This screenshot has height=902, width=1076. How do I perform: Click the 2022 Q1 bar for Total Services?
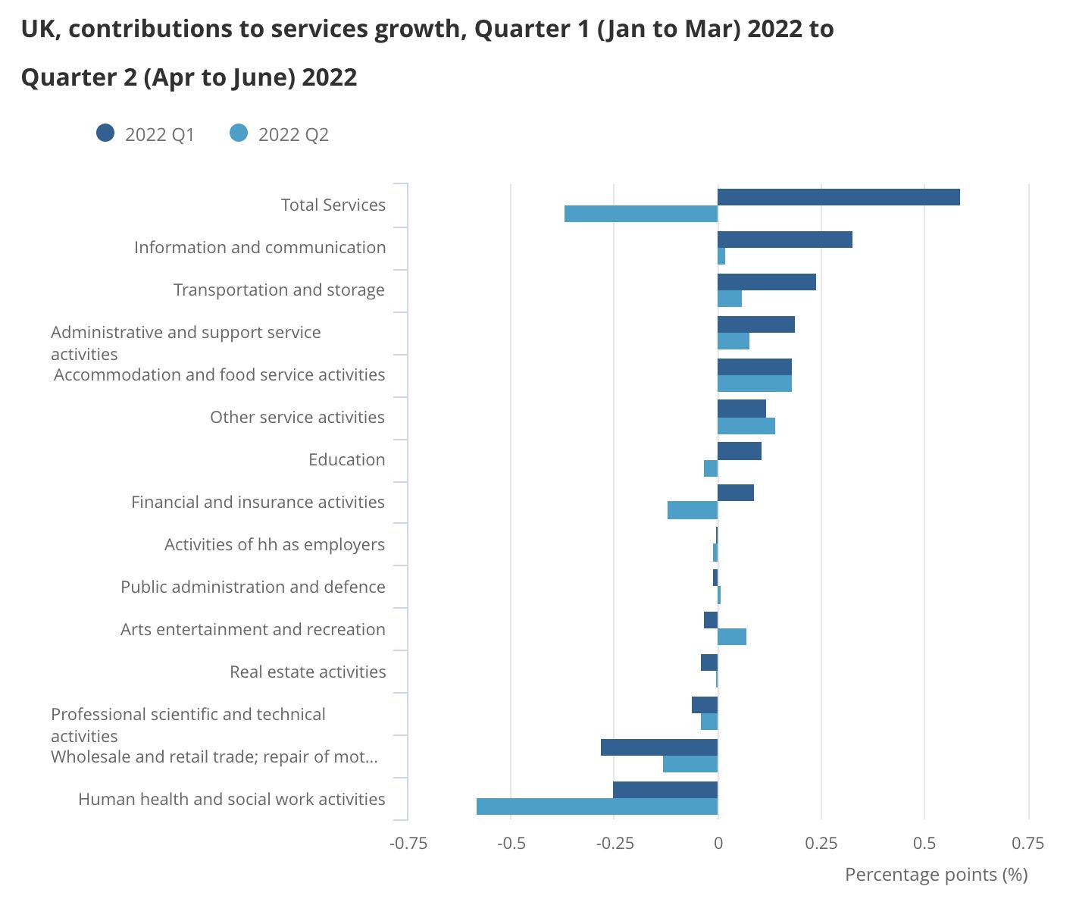click(838, 197)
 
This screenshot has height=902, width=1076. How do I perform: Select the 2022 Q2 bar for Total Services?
click(641, 214)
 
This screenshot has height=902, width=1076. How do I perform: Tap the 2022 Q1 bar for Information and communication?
click(784, 240)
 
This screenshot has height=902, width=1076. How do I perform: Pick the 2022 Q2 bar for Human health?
click(597, 806)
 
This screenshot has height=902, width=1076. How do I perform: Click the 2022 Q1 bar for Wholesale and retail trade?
click(659, 747)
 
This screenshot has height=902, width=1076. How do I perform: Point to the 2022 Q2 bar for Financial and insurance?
click(693, 510)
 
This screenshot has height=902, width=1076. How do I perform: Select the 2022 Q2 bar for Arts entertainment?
click(732, 637)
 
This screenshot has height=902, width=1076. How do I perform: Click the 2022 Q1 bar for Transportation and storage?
click(766, 282)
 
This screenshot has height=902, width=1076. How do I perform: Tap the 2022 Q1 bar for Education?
click(739, 451)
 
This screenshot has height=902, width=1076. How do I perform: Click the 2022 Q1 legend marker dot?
click(105, 133)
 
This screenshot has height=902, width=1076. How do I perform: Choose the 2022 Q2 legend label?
click(293, 135)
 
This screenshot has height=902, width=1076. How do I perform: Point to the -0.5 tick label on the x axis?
click(511, 843)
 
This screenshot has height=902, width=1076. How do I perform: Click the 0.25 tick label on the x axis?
click(821, 843)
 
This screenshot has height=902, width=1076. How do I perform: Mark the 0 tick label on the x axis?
click(718, 843)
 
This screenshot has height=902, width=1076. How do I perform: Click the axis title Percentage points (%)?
click(936, 875)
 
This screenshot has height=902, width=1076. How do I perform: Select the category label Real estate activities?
click(308, 672)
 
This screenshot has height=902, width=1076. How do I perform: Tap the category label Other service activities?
click(297, 417)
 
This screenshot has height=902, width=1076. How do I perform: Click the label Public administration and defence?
click(252, 587)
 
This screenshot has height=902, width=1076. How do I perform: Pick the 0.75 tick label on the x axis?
click(1028, 843)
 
